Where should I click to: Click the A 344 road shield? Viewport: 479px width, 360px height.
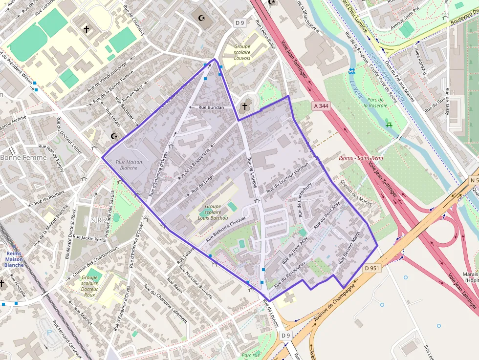coord(320,105)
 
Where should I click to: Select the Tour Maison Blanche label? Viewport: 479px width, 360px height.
coord(129,165)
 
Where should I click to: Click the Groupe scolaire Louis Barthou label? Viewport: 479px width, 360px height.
coord(213,212)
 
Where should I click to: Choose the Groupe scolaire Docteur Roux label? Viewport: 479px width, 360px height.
coord(89,286)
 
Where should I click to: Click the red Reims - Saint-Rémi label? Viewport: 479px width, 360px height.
coord(361,158)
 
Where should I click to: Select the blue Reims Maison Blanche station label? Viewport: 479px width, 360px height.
coord(14,259)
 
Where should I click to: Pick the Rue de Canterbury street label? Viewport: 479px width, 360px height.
coord(305,200)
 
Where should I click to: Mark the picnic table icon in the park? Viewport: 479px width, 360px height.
coord(389,124)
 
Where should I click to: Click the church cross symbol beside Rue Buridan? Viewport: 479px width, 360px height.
coord(244,106)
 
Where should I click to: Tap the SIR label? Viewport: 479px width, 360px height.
coord(96,220)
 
